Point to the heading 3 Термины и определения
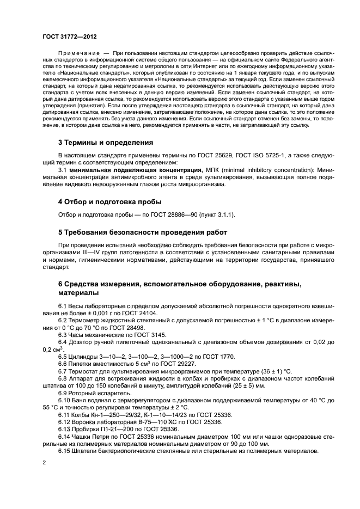[106, 143]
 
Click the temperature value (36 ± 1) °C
[267, 371]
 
